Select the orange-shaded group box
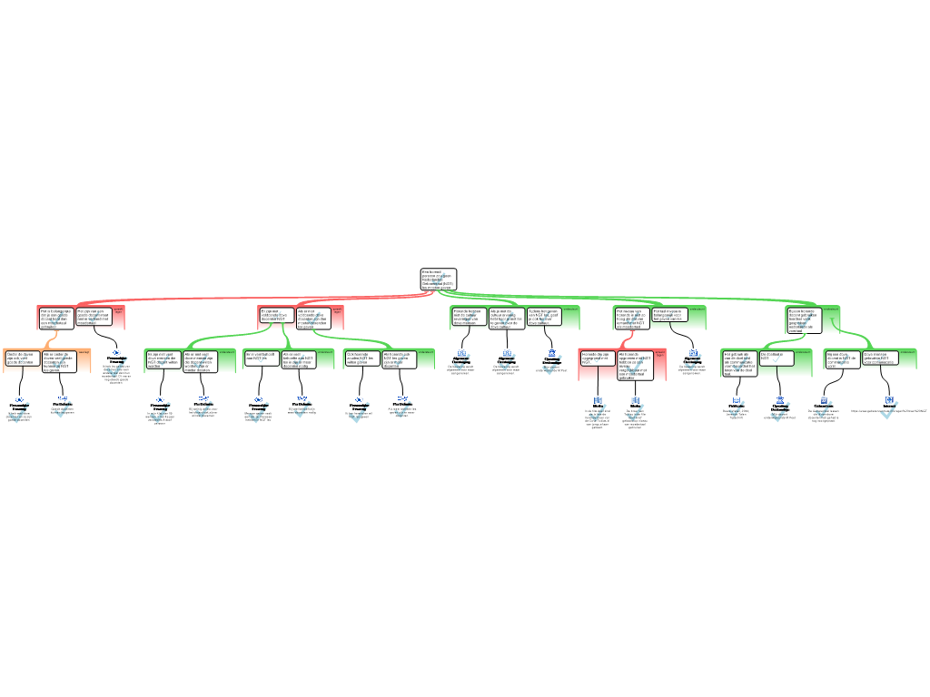pos(47,360)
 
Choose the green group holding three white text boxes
pos(515,317)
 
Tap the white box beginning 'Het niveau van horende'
pos(631,316)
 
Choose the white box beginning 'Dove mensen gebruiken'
pos(879,358)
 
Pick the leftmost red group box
pos(81,317)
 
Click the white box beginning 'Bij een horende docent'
pos(804,319)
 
